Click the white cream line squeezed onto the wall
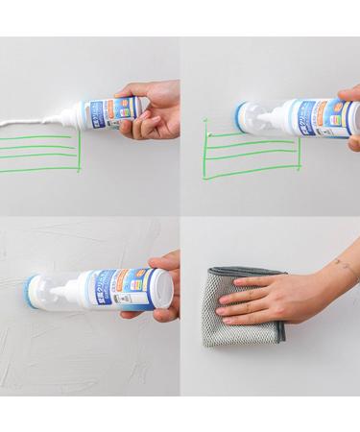coord(29,122)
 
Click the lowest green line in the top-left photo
coord(38,170)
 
